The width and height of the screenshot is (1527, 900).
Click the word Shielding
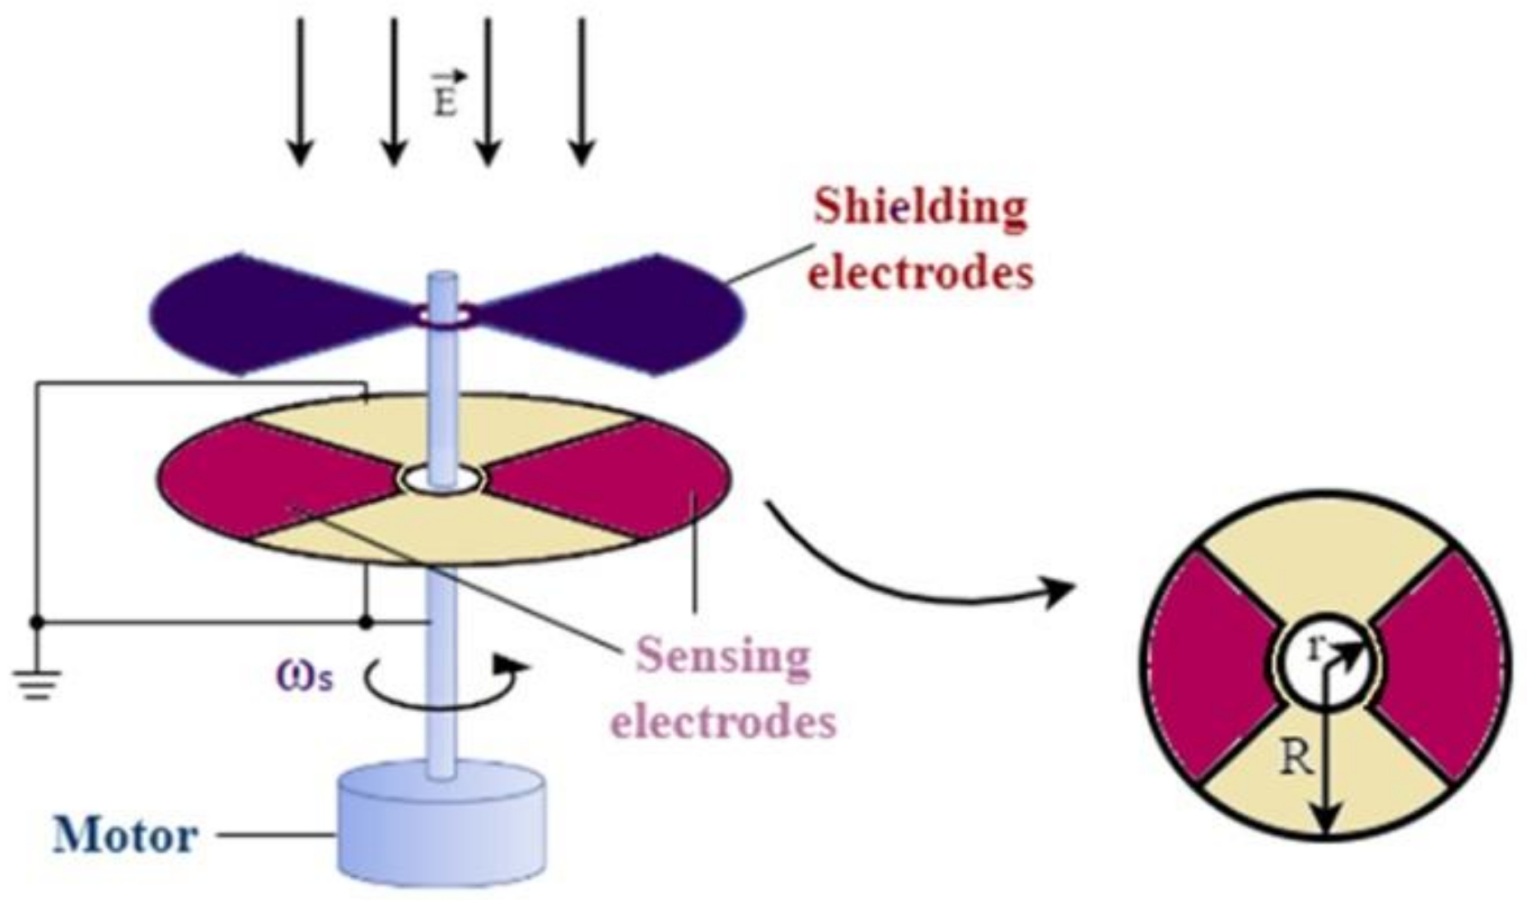[x=920, y=209]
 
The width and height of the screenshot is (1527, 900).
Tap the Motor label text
[x=125, y=837]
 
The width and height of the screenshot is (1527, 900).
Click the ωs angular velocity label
[x=305, y=677]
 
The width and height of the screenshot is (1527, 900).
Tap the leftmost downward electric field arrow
[x=301, y=91]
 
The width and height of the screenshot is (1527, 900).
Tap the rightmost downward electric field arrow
[x=582, y=91]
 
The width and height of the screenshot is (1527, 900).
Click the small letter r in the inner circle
[x=1317, y=649]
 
